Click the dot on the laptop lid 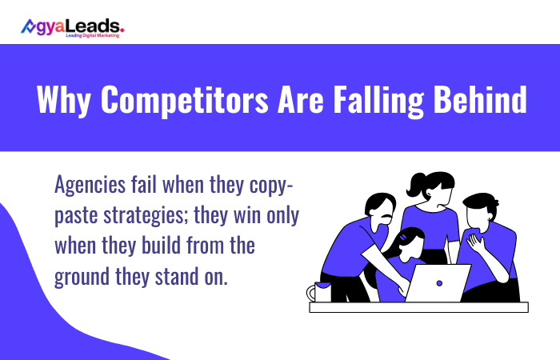coord(438,282)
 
